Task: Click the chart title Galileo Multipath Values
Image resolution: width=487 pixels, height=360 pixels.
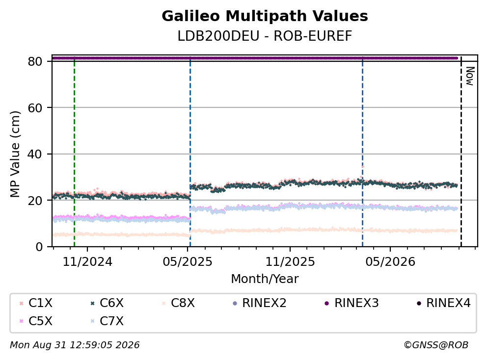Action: (265, 16)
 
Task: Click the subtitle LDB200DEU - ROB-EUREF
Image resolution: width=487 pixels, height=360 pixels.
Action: (265, 36)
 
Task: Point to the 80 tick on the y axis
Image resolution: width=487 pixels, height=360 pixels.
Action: (35, 61)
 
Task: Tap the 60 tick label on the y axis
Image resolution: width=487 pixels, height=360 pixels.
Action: (35, 108)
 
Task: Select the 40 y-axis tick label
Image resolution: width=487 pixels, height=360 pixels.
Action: (35, 154)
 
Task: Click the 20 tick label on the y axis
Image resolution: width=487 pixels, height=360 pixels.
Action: (35, 201)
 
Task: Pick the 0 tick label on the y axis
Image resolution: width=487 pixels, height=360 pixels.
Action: (39, 247)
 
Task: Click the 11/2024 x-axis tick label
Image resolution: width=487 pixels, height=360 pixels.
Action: (87, 262)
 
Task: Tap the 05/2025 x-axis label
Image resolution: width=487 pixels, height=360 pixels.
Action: (188, 262)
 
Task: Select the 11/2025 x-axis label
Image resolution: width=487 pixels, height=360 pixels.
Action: (290, 262)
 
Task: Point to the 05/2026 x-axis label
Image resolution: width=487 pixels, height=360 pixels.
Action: (390, 262)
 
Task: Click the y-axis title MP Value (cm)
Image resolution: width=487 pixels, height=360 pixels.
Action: (15, 154)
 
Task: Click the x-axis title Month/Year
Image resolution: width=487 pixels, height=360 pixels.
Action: (265, 279)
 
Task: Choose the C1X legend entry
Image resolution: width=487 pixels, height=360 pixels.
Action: (36, 303)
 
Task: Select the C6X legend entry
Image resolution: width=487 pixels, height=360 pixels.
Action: (107, 303)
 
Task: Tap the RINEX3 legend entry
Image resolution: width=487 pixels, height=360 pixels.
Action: (352, 303)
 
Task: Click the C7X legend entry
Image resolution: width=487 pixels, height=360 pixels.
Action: (107, 321)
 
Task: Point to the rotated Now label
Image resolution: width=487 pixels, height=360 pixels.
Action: (470, 76)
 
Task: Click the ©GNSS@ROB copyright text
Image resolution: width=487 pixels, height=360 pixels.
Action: (436, 345)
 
